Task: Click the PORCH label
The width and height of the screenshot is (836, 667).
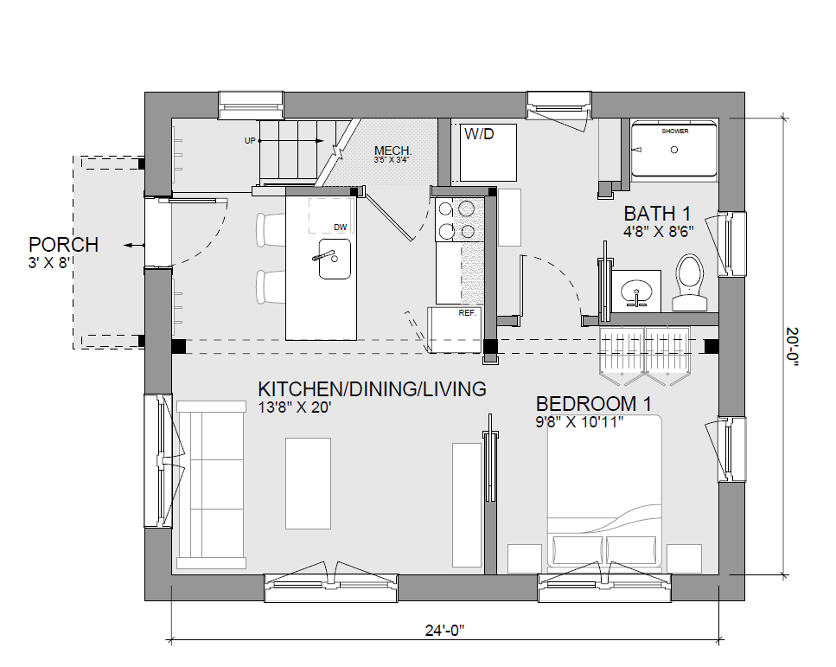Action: pyautogui.click(x=63, y=245)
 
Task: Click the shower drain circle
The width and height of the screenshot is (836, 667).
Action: pyautogui.click(x=674, y=150)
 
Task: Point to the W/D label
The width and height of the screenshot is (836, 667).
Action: pyautogui.click(x=479, y=133)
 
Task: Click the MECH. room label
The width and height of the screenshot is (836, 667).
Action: pyautogui.click(x=393, y=151)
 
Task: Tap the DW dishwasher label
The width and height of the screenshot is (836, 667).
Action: pyautogui.click(x=340, y=228)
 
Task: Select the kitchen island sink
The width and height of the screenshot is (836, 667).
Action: pyautogui.click(x=335, y=259)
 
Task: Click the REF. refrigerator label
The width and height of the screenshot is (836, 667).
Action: pyautogui.click(x=467, y=313)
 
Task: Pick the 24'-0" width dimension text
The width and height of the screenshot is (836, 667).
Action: pyautogui.click(x=444, y=631)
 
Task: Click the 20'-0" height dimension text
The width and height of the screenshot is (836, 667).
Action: pyautogui.click(x=792, y=347)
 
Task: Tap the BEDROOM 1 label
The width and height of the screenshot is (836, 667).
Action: pyautogui.click(x=593, y=404)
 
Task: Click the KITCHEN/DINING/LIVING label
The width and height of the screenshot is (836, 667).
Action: pyautogui.click(x=372, y=389)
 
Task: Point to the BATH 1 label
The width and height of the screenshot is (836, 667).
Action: pyautogui.click(x=657, y=214)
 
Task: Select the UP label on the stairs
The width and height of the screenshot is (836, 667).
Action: pyautogui.click(x=250, y=141)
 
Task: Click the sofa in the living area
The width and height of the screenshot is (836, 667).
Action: pyautogui.click(x=211, y=484)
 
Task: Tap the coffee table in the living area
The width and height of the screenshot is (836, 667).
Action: pyautogui.click(x=308, y=484)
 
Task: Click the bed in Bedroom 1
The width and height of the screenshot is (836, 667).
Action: pyautogui.click(x=604, y=490)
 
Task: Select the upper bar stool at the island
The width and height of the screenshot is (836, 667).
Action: pyautogui.click(x=271, y=229)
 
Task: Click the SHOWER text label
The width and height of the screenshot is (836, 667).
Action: pyautogui.click(x=675, y=131)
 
